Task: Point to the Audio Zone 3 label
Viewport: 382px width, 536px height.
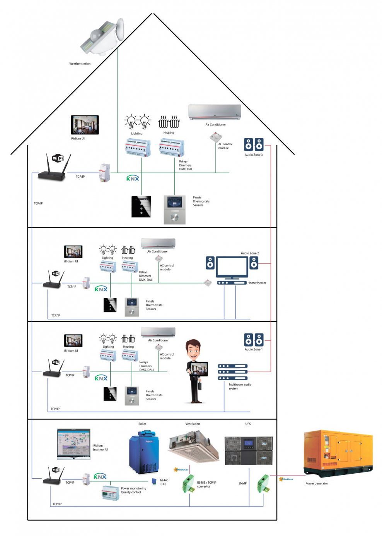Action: pyautogui.click(x=253, y=155)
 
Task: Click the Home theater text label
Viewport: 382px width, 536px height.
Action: pyautogui.click(x=257, y=283)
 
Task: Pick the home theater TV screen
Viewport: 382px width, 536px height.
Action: pyautogui.click(x=232, y=266)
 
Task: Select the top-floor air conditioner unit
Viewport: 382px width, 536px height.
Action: pyautogui.click(x=215, y=112)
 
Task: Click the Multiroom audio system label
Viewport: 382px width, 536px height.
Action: pyautogui.click(x=240, y=387)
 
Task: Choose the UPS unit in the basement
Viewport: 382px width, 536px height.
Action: pyautogui.click(x=248, y=450)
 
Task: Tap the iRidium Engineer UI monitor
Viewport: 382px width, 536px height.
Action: pyautogui.click(x=73, y=444)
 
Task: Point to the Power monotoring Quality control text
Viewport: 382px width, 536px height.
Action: pyautogui.click(x=133, y=490)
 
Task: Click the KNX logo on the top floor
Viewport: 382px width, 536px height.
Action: pyautogui.click(x=133, y=179)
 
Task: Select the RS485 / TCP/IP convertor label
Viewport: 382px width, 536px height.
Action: pyautogui.click(x=206, y=484)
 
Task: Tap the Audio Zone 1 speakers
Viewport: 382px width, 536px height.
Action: pyautogui.click(x=253, y=340)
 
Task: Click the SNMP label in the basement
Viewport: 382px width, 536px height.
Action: pyautogui.click(x=242, y=483)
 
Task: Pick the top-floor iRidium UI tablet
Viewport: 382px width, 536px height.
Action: pyautogui.click(x=85, y=125)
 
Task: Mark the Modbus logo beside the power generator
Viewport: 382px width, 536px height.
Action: pyautogui.click(x=286, y=479)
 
